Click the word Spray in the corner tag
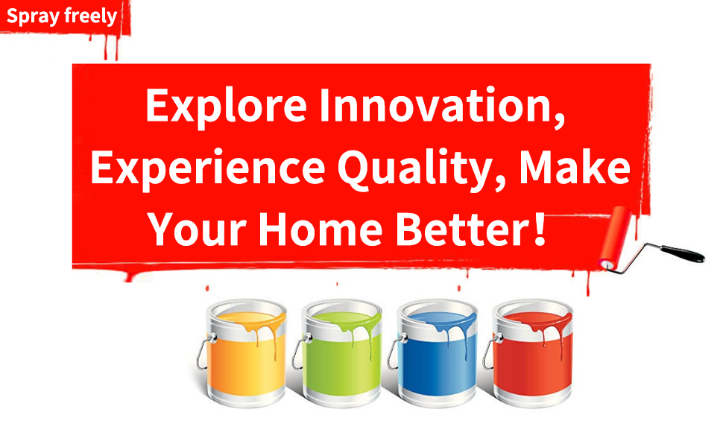click(33, 16)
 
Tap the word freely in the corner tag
click(90, 16)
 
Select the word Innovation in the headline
click(442, 105)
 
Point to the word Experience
click(208, 168)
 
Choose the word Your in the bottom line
click(198, 229)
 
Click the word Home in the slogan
click(321, 229)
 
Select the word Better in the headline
click(461, 229)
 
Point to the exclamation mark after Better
click(539, 229)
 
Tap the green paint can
click(341, 353)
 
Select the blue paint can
click(436, 353)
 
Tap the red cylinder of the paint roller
click(615, 238)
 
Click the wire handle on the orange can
click(203, 352)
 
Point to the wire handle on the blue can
click(395, 352)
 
